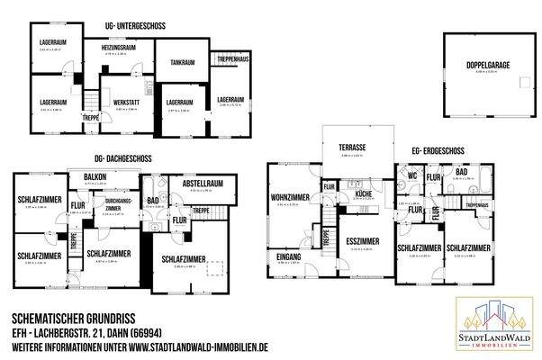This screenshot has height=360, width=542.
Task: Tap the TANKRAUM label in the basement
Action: point(183,63)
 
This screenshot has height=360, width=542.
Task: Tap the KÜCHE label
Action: point(363,193)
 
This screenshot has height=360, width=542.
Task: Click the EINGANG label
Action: point(290,256)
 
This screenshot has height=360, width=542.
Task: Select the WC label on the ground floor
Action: point(412,176)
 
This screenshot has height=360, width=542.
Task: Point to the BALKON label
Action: point(95,175)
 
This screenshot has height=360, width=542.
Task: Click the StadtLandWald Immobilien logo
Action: point(492,325)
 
